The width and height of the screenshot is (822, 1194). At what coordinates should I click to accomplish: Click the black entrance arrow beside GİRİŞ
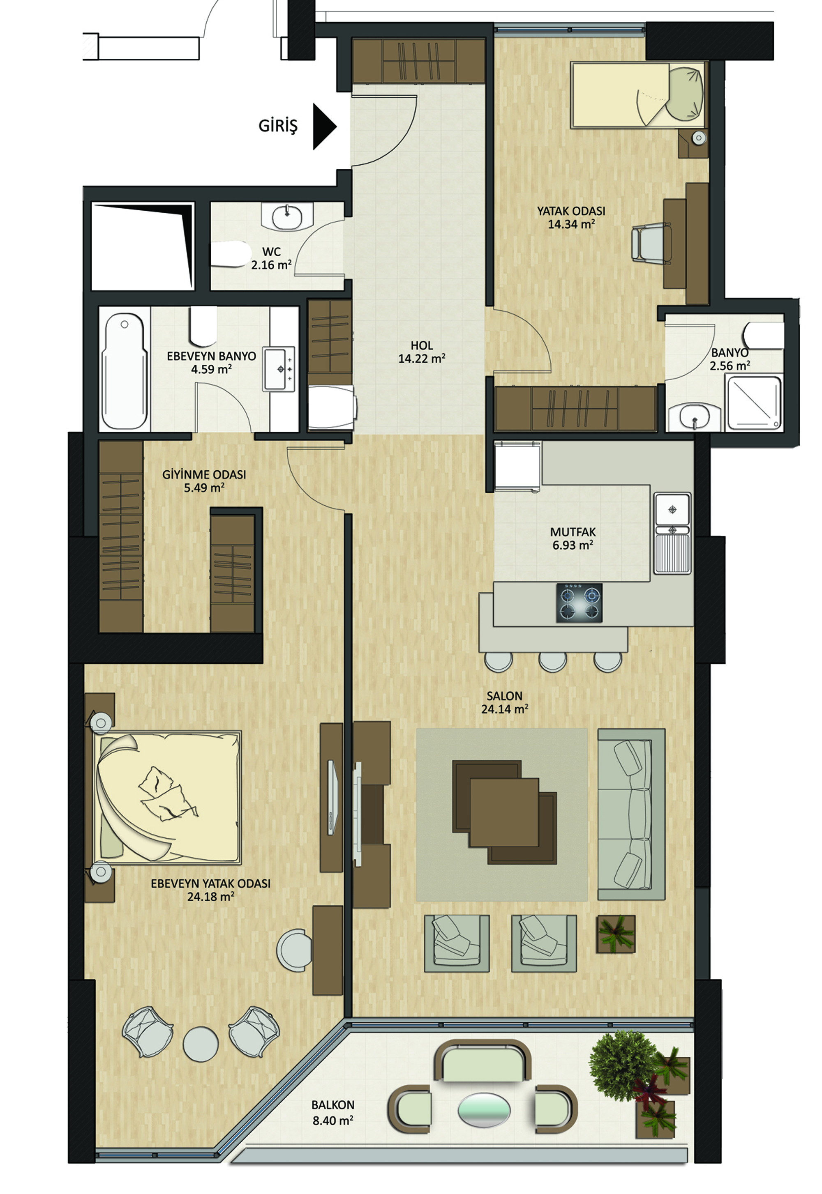(323, 127)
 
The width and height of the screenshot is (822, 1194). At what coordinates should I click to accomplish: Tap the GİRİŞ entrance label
(278, 126)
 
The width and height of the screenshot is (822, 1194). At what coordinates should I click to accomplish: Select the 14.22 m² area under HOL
(422, 359)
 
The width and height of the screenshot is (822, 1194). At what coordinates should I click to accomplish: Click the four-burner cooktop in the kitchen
(579, 603)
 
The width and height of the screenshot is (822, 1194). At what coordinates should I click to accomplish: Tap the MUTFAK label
(573, 532)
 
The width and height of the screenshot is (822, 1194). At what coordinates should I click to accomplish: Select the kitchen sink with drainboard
(673, 534)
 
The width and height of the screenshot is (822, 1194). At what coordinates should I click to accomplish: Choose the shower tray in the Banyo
(753, 403)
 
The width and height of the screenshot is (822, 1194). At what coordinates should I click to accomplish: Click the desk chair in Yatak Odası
(651, 242)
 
